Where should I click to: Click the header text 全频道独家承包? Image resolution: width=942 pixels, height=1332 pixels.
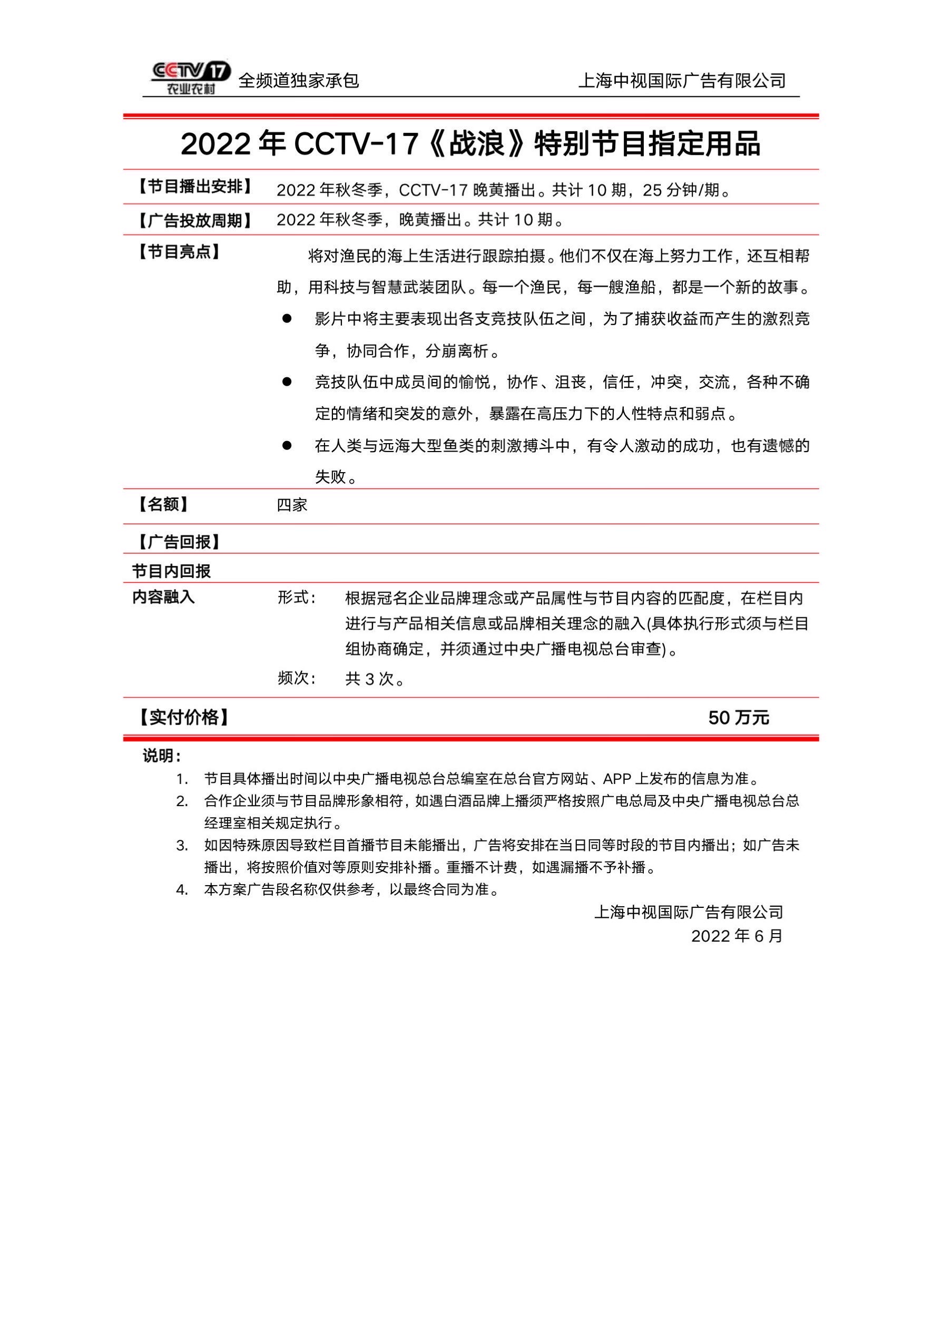click(299, 81)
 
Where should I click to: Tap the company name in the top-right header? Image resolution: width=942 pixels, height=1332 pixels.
click(682, 81)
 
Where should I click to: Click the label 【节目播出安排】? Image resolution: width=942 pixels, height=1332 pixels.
click(195, 187)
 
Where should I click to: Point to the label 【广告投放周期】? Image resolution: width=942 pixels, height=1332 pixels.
click(195, 220)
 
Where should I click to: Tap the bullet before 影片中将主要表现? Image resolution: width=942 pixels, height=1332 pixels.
click(287, 318)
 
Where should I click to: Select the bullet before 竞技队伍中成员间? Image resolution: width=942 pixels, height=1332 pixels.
click(287, 381)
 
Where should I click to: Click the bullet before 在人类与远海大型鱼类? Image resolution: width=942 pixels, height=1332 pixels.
click(287, 446)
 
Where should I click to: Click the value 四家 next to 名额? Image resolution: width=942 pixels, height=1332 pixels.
click(292, 505)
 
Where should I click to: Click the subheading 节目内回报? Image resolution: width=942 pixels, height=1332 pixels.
click(171, 572)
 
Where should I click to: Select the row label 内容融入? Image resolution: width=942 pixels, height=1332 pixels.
click(163, 597)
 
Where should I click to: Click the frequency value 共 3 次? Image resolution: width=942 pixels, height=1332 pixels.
click(375, 679)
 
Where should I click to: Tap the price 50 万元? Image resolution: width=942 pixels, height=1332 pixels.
click(739, 718)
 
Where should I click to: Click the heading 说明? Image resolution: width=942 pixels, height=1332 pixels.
click(162, 756)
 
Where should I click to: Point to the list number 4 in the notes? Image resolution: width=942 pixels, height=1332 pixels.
click(182, 890)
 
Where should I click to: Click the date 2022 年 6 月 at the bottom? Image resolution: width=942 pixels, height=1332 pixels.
click(737, 936)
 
